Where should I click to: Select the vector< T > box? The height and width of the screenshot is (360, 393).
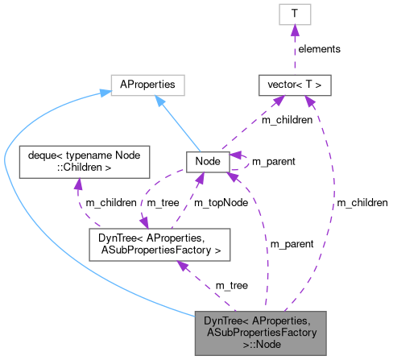tap(294, 85)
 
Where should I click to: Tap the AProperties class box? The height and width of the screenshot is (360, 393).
tap(148, 85)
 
